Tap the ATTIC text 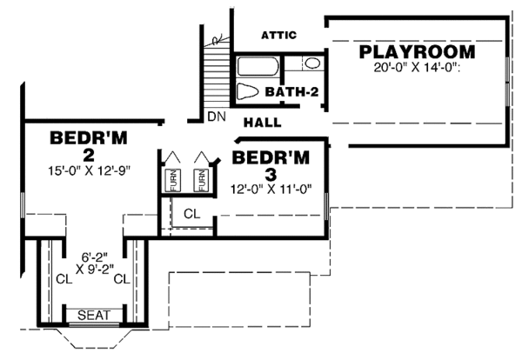[x=279, y=36]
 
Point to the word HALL [x=262, y=123]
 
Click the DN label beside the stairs [x=217, y=117]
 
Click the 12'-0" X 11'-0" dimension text [x=271, y=188]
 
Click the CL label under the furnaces [x=191, y=213]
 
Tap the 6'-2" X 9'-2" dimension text [x=94, y=263]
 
